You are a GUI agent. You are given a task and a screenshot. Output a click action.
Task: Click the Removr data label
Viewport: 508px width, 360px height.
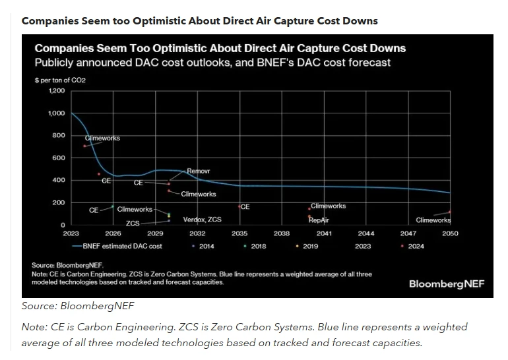point(198,171)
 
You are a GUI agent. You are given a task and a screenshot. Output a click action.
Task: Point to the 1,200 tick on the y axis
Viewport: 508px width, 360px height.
point(57,90)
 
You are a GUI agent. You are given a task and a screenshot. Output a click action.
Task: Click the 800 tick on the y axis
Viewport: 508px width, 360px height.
point(59,135)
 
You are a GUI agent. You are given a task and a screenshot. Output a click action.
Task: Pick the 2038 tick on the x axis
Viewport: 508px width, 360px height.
point(282,233)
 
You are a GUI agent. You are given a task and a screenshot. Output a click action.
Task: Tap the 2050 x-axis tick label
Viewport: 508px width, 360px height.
point(450,233)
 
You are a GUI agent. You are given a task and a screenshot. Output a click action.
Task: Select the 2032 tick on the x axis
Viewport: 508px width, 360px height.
point(197,233)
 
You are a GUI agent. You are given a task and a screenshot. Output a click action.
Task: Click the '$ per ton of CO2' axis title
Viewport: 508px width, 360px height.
point(60,80)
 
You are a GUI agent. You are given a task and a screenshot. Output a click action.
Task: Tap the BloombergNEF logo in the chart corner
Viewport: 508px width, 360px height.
point(447,284)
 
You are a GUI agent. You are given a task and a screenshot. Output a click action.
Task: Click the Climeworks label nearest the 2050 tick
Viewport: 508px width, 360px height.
point(433,220)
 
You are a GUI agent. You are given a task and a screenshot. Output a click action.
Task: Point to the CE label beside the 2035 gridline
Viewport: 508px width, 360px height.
point(245,206)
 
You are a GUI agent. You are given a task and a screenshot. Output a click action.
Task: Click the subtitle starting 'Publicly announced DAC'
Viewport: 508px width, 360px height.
point(212,63)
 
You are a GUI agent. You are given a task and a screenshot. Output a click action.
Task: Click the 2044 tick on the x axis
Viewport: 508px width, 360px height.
point(365,233)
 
